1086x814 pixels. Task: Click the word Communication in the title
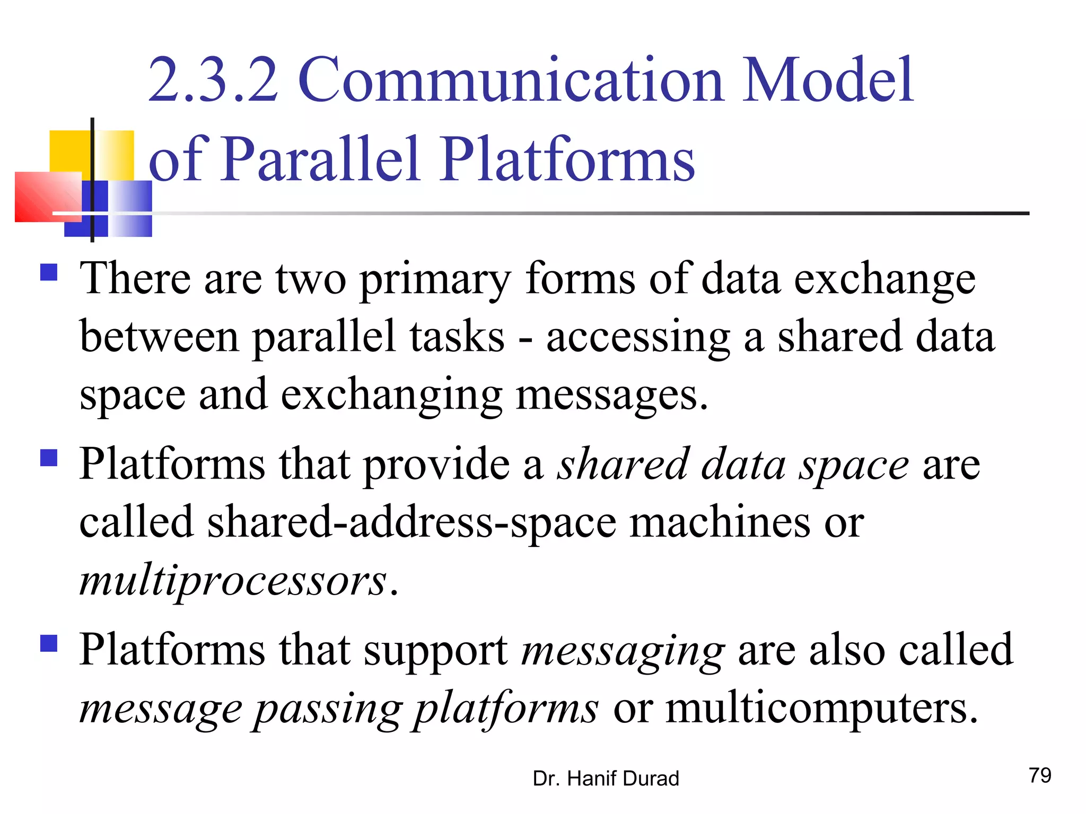(511, 81)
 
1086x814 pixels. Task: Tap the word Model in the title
(827, 81)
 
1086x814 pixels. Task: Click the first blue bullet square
(49, 272)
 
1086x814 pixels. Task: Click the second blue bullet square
(49, 457)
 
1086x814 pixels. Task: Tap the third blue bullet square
(49, 643)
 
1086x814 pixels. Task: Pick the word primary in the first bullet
(435, 279)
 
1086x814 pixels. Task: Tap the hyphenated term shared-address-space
(411, 523)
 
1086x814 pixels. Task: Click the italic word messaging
(623, 651)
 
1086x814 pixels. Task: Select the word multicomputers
(822, 708)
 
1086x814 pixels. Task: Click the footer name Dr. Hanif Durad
(606, 778)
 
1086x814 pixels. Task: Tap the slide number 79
(1040, 775)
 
